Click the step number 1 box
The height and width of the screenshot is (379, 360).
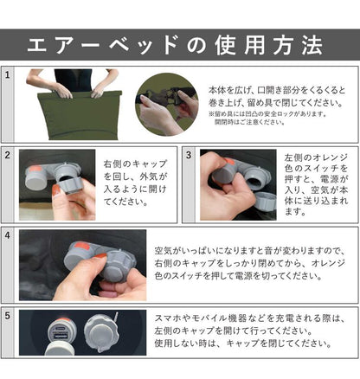(x=8, y=76)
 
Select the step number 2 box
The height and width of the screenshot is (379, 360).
(x=8, y=155)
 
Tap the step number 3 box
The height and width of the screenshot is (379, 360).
(x=189, y=155)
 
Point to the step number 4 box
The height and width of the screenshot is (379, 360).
(x=8, y=234)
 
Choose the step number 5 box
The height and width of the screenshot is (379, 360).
(x=8, y=316)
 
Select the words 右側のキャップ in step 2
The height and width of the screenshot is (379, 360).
(x=131, y=163)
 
